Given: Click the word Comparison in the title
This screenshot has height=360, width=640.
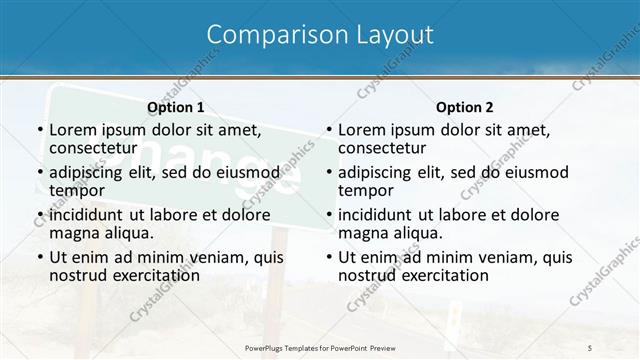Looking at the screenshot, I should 265,35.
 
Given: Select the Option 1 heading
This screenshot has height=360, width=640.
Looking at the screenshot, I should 175,107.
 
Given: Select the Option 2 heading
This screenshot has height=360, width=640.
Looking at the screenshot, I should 464,107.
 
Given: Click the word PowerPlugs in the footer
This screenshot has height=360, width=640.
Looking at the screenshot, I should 268,346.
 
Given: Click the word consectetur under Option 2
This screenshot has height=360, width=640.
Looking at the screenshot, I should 382,148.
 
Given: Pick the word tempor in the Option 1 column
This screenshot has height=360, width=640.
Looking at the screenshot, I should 76,190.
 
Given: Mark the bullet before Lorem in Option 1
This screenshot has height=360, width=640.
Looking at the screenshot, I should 39,130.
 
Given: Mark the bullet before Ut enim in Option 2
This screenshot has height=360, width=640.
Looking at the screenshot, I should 328,257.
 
